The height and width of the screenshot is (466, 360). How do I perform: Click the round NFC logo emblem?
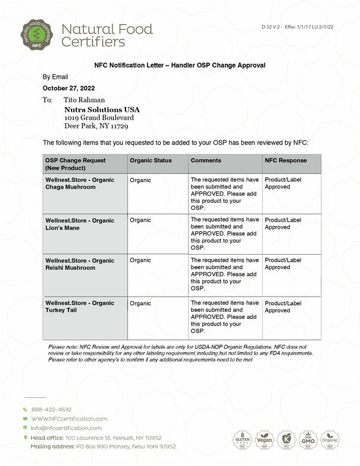[x=37, y=34]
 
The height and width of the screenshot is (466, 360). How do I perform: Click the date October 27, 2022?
[x=69, y=88]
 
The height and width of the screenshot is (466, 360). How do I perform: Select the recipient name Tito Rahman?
[x=84, y=100]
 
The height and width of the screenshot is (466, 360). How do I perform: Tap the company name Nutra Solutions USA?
[x=101, y=110]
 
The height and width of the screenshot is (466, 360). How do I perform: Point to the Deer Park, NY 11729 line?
[x=95, y=127]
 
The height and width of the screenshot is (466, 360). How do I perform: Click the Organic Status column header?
[x=151, y=160]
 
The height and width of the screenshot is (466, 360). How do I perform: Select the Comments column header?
[x=206, y=160]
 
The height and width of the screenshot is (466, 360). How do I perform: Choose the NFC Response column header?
[x=286, y=160]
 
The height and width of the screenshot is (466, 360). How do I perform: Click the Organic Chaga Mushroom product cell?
[x=79, y=183]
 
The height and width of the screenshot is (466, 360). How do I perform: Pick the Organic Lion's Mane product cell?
[x=79, y=224]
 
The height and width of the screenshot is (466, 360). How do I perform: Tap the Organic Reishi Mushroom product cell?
[x=79, y=264]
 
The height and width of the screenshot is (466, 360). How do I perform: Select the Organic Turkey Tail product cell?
[x=79, y=307]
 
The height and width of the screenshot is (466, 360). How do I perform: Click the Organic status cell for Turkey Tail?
[x=140, y=303]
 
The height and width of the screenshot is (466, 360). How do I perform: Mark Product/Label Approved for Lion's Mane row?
[x=283, y=223]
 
